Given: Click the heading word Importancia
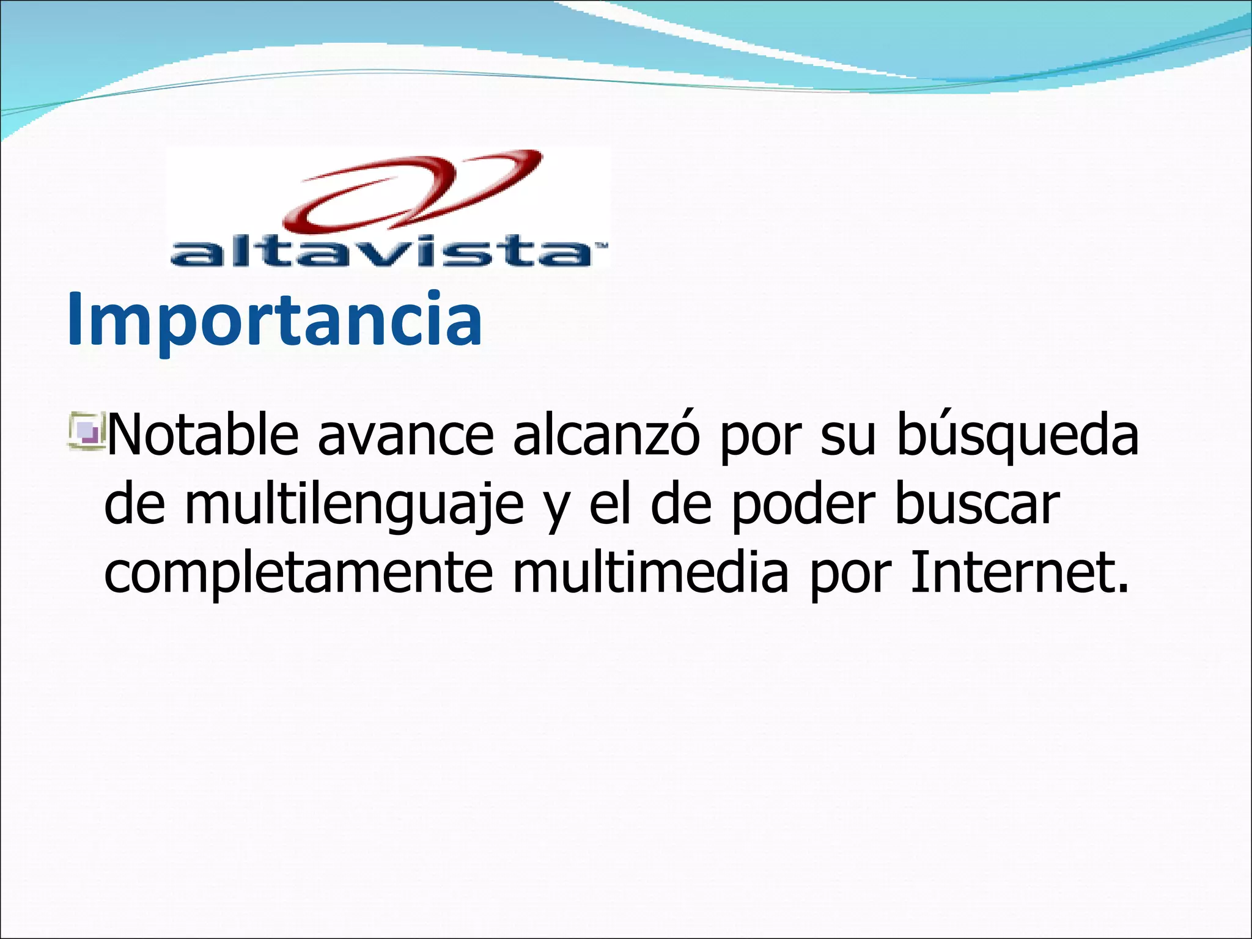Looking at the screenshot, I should [274, 320].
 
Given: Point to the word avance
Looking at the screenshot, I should [405, 435].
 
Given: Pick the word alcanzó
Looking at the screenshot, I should [605, 435].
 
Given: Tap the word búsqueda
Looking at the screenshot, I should [1017, 435].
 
